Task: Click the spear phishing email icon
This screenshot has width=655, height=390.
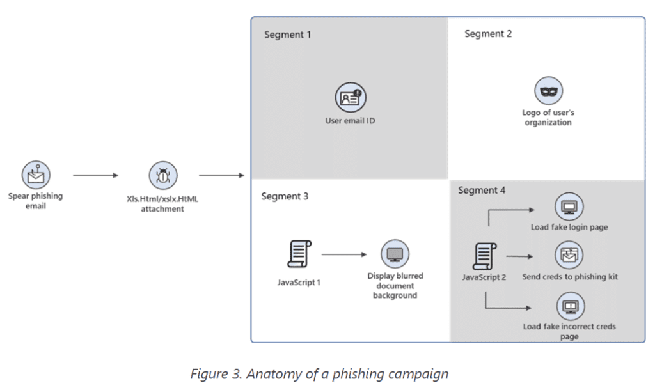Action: (x=35, y=174)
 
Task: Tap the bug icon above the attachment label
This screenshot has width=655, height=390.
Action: (x=163, y=175)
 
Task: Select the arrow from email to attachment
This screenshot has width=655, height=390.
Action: (x=96, y=175)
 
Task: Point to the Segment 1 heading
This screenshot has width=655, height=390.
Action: (x=287, y=35)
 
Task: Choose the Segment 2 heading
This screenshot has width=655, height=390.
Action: (x=488, y=34)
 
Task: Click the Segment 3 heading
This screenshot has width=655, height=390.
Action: (x=285, y=196)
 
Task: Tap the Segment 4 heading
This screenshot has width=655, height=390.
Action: (x=482, y=191)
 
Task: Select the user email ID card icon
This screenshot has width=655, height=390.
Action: (x=350, y=98)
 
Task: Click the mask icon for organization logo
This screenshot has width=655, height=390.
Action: (x=548, y=91)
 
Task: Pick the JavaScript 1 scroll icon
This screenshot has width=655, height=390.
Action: (x=299, y=254)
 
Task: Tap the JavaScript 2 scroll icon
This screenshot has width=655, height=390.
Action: (x=484, y=256)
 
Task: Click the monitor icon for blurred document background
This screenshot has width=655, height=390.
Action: (x=395, y=254)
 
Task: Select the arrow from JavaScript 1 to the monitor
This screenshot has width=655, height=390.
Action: (x=344, y=254)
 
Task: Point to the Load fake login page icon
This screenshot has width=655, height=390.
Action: (x=569, y=207)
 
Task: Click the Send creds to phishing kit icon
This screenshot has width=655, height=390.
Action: (x=569, y=256)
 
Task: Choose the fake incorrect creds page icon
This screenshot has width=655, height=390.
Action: (x=569, y=306)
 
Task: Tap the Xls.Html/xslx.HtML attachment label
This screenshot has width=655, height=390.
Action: (x=162, y=203)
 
